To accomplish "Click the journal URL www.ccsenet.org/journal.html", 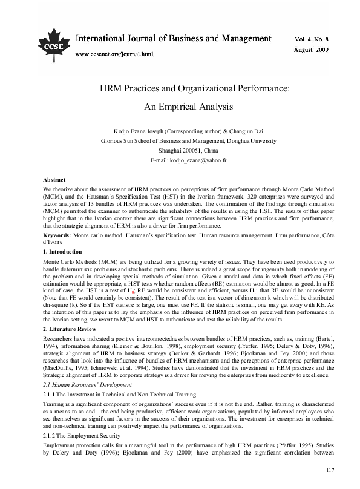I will point(114,54).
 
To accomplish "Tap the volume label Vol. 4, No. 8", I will point(312,38).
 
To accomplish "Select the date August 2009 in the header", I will point(312,48).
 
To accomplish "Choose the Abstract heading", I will point(55,180).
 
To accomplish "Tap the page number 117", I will point(330,471).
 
